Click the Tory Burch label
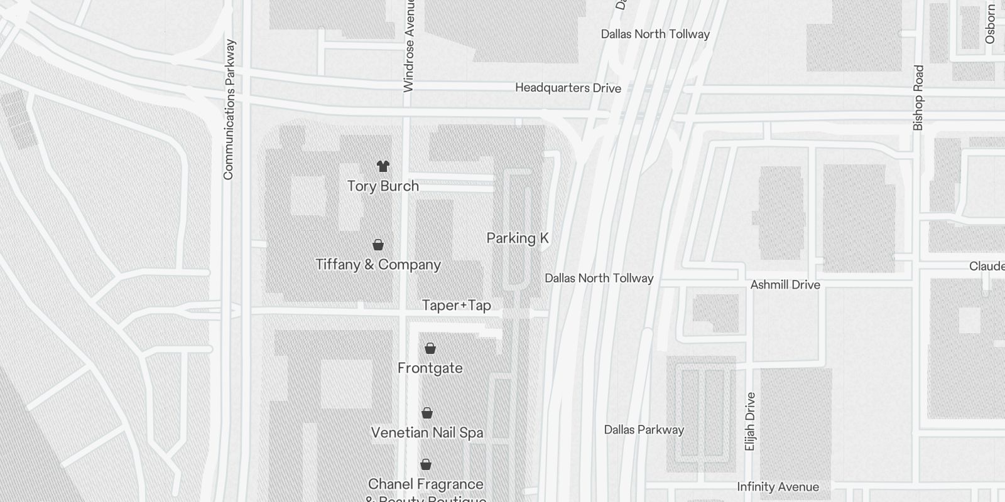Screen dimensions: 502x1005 (x=383, y=186)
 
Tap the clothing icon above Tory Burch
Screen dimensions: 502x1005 (x=383, y=166)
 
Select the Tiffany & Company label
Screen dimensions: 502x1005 (x=378, y=264)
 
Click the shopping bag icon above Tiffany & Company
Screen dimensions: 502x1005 (x=378, y=245)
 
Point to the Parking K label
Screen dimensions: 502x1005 (x=518, y=238)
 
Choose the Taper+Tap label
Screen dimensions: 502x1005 (x=456, y=306)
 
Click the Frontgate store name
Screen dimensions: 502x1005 (x=430, y=368)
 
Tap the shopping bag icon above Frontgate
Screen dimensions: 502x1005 (x=430, y=348)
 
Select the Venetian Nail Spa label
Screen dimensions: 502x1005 (x=427, y=432)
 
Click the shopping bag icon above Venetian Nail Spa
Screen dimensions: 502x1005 (x=427, y=413)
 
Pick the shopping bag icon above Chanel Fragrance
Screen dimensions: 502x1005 (x=426, y=464)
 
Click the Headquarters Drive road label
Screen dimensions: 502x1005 (x=568, y=88)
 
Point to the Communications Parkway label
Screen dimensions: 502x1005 (x=229, y=110)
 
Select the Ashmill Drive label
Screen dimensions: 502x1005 (x=785, y=285)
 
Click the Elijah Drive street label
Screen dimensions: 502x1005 (x=750, y=422)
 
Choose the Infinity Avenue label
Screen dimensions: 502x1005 (x=778, y=487)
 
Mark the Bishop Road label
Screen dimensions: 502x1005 (x=918, y=98)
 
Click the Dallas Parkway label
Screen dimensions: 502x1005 (x=644, y=430)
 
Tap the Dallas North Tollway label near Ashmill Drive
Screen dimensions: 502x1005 (x=599, y=278)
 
